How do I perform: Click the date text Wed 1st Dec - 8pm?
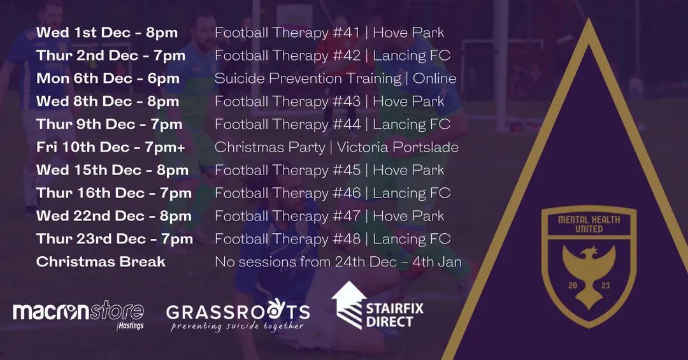click(107, 32)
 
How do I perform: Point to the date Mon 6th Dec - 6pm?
click(108, 78)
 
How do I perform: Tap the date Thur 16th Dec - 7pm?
click(114, 193)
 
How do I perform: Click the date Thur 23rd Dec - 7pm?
click(115, 239)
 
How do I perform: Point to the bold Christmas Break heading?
click(101, 262)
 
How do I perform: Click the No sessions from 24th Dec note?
click(338, 262)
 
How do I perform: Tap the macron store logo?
click(78, 312)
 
